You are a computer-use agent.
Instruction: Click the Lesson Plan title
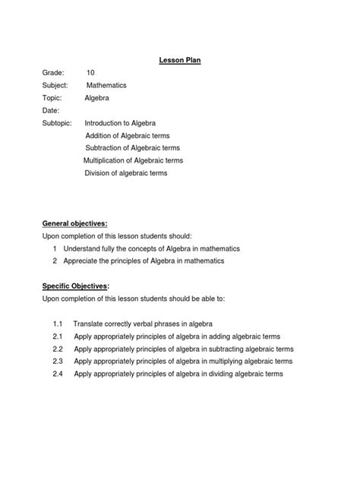click(179, 58)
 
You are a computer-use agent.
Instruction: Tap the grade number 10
click(91, 72)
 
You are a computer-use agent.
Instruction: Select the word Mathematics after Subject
click(112, 85)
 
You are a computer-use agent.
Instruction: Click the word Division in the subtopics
click(97, 173)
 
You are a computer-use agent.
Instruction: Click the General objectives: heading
click(74, 224)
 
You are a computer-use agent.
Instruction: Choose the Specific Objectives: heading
click(76, 286)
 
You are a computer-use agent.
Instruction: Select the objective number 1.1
click(57, 324)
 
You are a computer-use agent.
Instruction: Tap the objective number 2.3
click(57, 362)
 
